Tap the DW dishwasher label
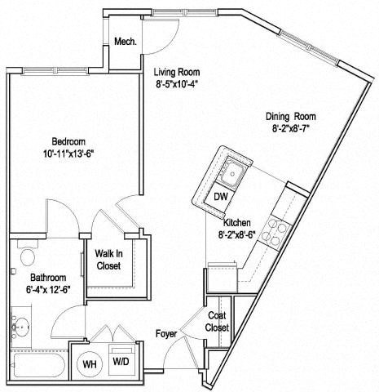point(220,197)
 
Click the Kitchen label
point(237,222)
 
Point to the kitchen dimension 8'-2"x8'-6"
point(237,235)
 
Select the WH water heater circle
point(90,363)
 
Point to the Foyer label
point(168,334)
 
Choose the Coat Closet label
point(218,322)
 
